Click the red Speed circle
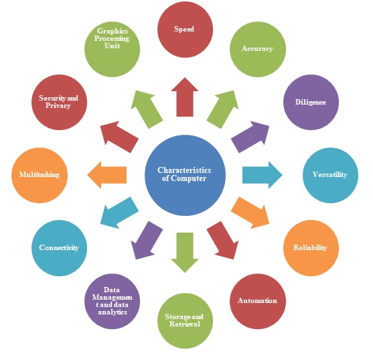click(x=185, y=29)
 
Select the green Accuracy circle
click(x=257, y=49)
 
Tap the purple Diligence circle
click(x=310, y=103)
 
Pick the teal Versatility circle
click(x=329, y=175)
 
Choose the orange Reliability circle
click(x=310, y=247)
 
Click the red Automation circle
click(x=257, y=300)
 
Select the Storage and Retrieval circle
click(x=185, y=320)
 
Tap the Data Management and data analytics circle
click(x=113, y=300)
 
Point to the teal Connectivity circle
click(x=59, y=247)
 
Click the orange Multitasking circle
click(x=40, y=175)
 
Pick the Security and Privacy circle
click(x=59, y=103)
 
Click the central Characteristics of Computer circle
click(x=185, y=175)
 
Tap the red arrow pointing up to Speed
click(x=185, y=97)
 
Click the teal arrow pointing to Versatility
click(x=262, y=175)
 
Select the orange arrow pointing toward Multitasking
click(x=108, y=175)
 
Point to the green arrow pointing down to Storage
click(x=185, y=252)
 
